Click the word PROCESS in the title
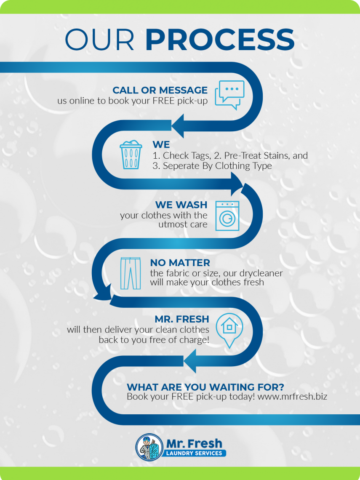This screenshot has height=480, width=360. click(220, 40)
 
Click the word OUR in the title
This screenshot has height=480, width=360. click(99, 40)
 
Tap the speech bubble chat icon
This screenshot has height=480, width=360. click(229, 95)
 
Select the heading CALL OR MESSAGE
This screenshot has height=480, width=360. click(160, 90)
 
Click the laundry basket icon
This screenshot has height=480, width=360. click(131, 155)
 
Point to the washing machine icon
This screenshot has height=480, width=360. click(227, 216)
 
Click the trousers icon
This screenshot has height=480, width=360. click(131, 273)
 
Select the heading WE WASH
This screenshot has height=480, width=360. click(181, 205)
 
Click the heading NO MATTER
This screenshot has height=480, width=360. click(180, 263)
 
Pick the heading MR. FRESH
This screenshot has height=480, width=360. click(182, 319)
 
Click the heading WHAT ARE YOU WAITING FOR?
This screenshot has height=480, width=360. click(205, 387)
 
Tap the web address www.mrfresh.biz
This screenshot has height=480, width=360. click(292, 397)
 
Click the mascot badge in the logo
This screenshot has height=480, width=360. click(149, 447)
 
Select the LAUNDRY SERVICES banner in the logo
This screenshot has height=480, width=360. click(194, 453)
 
